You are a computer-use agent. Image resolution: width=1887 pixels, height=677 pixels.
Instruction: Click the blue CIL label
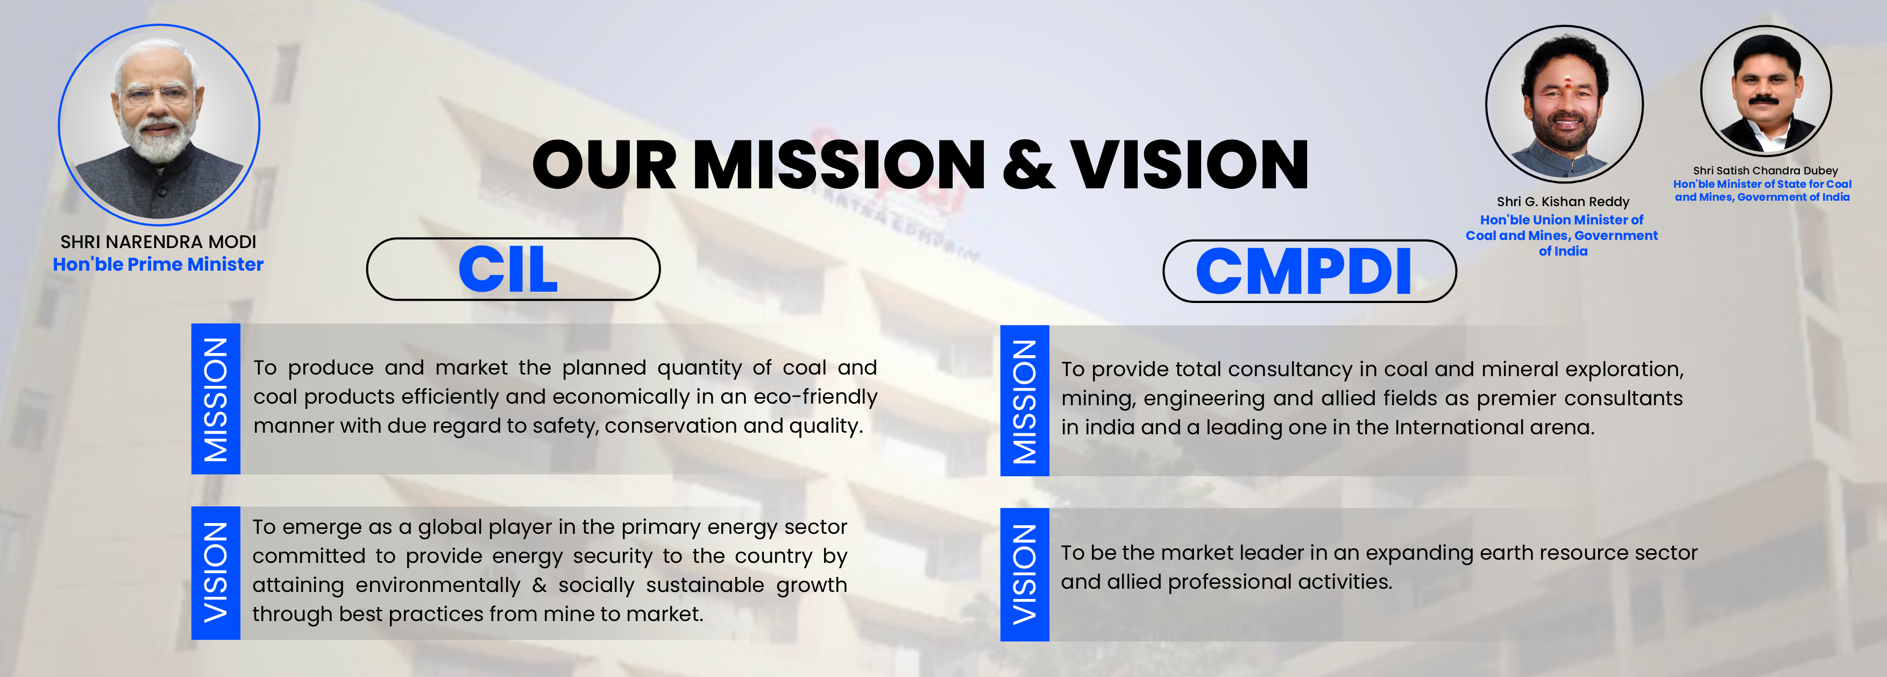(508, 269)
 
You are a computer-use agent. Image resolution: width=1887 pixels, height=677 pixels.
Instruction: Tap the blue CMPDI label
(1303, 271)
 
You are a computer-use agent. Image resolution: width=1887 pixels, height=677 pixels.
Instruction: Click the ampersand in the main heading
(1028, 164)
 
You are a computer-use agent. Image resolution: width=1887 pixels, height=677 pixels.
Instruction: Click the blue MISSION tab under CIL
(215, 399)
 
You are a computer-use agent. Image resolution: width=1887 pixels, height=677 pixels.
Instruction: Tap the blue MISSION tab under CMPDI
(1024, 401)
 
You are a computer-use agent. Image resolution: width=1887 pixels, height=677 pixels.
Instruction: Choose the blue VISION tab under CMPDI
(1024, 574)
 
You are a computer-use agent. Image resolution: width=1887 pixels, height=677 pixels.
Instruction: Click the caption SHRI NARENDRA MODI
(158, 242)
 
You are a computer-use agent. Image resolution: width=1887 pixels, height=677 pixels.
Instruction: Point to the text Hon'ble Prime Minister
(158, 264)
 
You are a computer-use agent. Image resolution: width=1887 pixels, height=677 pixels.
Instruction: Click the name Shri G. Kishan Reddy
(1563, 201)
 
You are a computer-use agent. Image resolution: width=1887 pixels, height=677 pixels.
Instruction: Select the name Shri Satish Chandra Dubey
(1765, 171)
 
